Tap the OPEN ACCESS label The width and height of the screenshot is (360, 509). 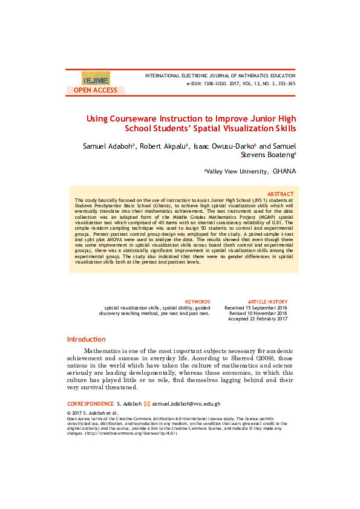pyautogui.click(x=96, y=90)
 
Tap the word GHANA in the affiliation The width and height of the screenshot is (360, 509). pyautogui.click(x=284, y=172)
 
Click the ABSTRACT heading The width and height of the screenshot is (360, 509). pyautogui.click(x=281, y=193)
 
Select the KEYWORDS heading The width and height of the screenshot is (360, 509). pyautogui.click(x=197, y=301)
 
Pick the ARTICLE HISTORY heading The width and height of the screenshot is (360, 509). pyautogui.click(x=268, y=301)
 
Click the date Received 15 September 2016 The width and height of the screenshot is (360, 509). pyautogui.click(x=256, y=308)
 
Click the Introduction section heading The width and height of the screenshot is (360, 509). pyautogui.click(x=86, y=339)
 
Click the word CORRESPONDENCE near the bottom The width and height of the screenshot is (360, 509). pyautogui.click(x=90, y=403)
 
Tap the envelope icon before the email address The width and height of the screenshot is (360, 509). pyautogui.click(x=146, y=403)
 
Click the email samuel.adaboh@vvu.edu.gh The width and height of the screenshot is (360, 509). pyautogui.click(x=186, y=403)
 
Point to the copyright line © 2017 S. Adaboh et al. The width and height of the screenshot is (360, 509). pyautogui.click(x=93, y=412)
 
